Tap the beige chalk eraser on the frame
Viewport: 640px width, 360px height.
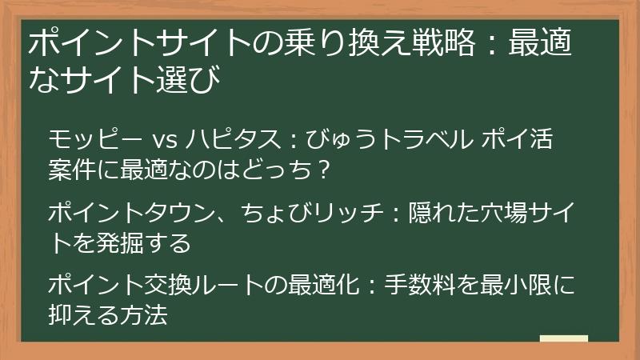pos(563,338)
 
